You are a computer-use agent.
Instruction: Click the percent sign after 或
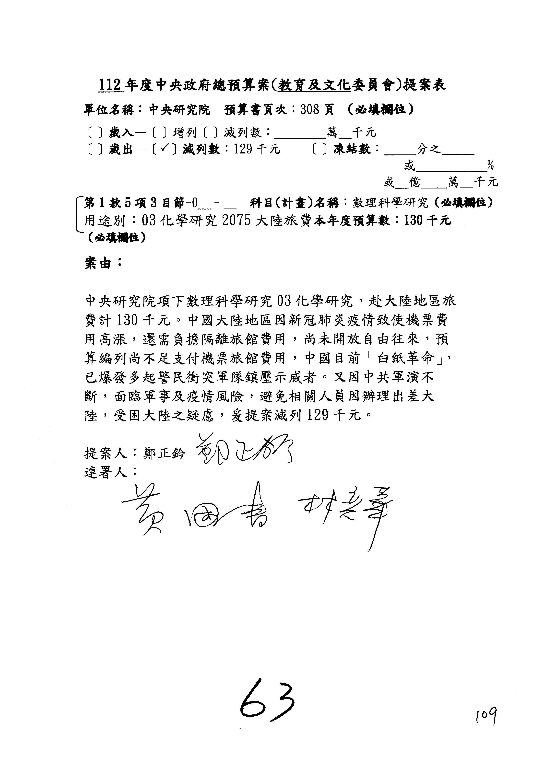point(491,165)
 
